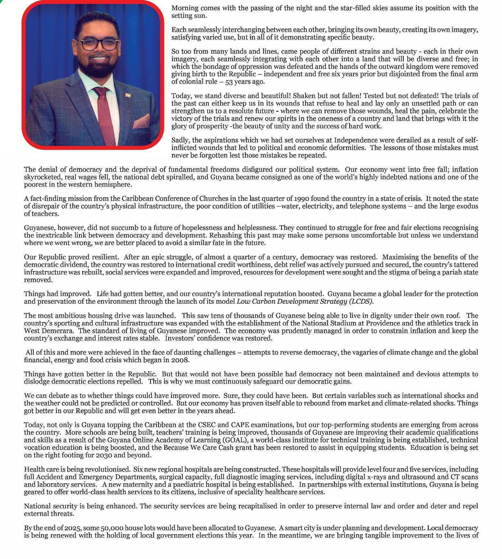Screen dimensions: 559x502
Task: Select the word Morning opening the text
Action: pos(184,8)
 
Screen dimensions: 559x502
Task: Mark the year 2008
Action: pos(180,360)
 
